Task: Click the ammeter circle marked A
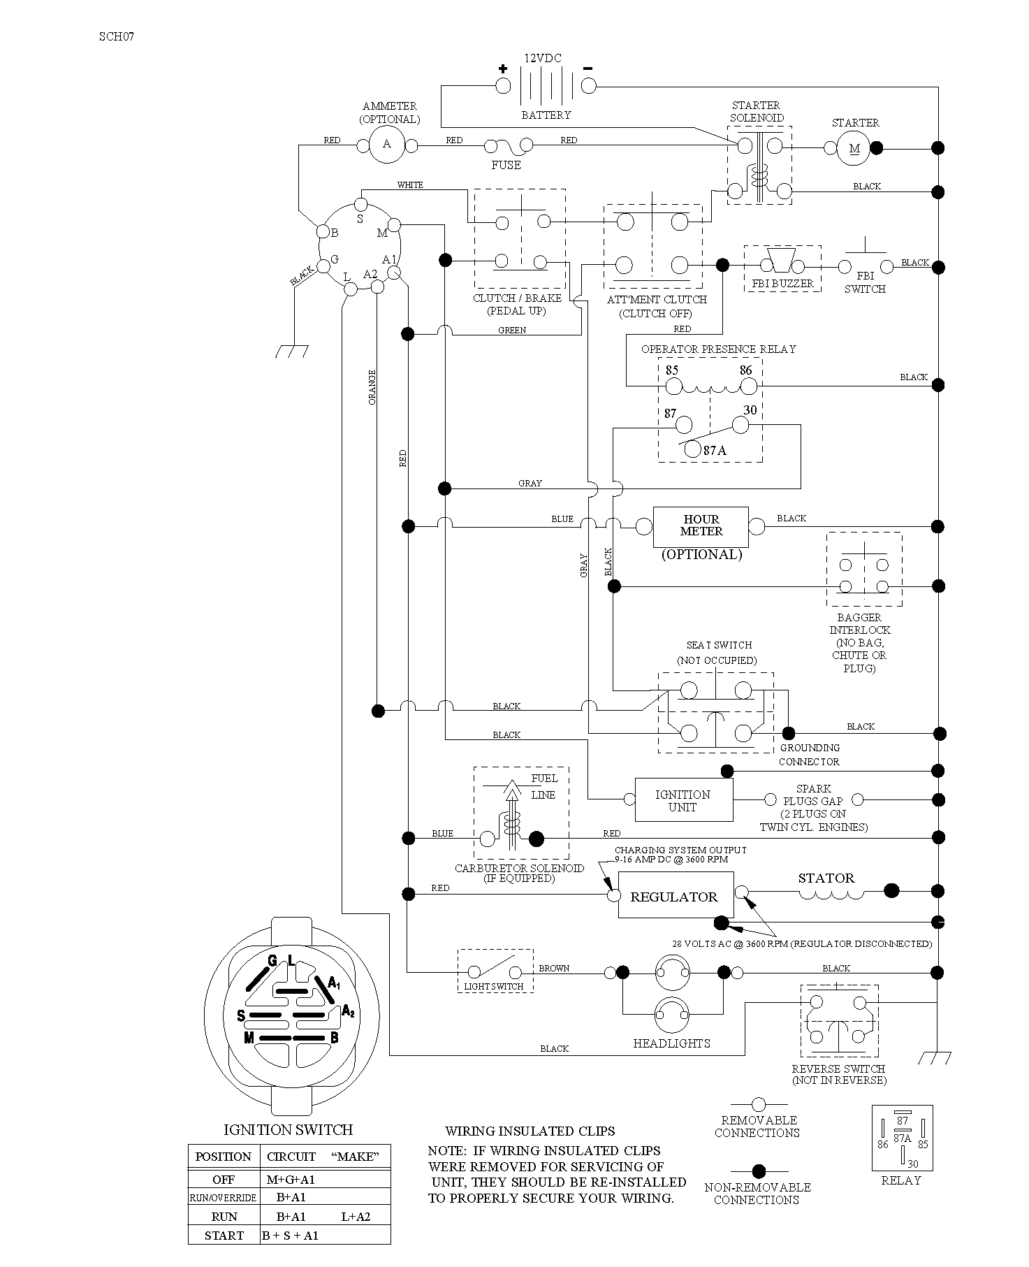387,145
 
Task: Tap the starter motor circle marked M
854,148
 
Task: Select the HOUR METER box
701,527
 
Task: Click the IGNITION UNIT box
684,800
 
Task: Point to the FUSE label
506,165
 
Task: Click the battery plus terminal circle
502,86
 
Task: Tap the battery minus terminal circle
589,86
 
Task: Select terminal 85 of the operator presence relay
673,386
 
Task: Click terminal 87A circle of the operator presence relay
692,449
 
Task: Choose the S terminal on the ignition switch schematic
360,204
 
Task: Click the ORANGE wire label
372,387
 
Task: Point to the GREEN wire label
512,330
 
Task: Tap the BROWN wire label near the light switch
554,968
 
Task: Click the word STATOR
826,878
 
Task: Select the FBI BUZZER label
782,284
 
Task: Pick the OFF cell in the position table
224,1180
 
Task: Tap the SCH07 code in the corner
116,37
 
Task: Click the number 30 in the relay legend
913,1164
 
